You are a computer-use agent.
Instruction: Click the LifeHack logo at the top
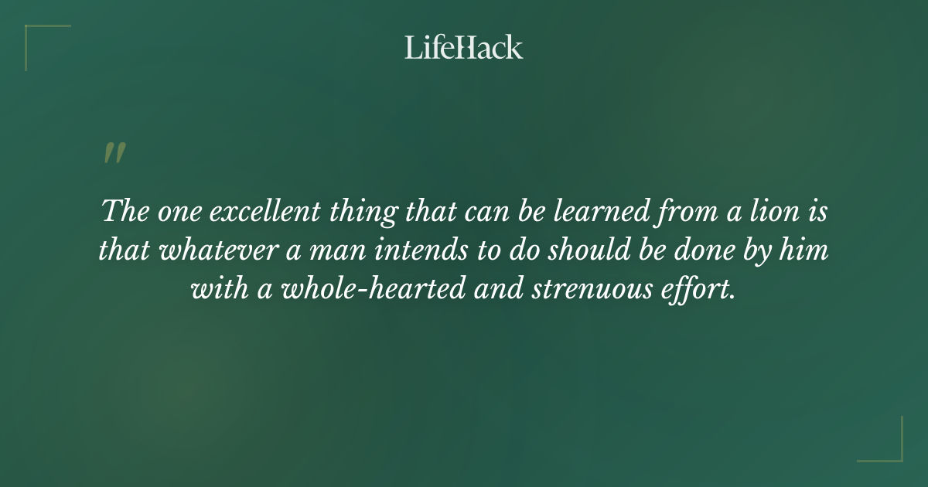click(464, 47)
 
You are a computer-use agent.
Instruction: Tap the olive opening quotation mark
click(114, 153)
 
